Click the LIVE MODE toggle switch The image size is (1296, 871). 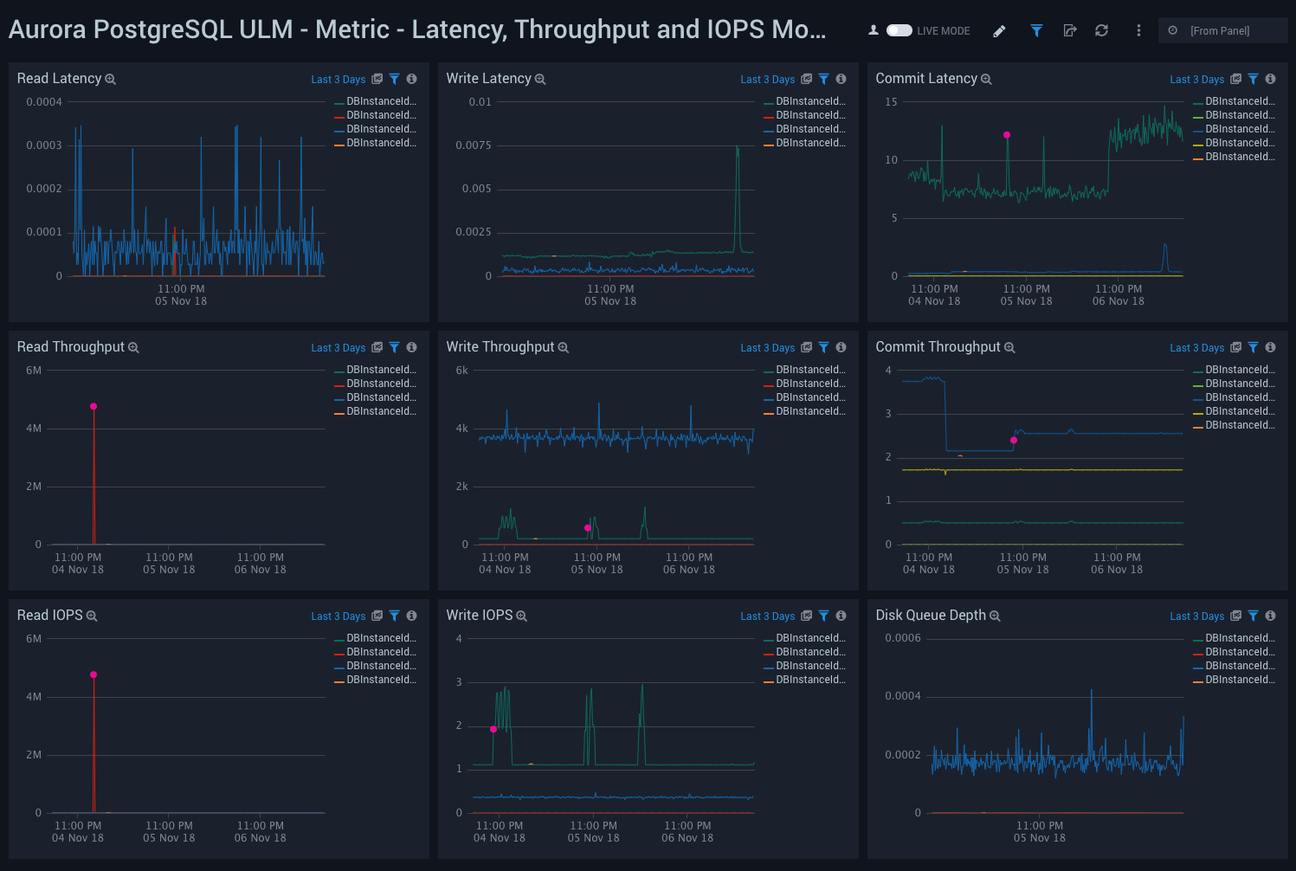coord(899,30)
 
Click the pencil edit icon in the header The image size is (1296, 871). coord(999,31)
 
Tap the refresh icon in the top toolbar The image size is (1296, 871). coord(1101,30)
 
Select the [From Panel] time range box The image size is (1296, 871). coord(1222,30)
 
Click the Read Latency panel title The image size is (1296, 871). coord(59,79)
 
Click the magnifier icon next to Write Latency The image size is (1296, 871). coord(540,80)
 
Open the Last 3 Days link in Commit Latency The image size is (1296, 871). coord(1196,80)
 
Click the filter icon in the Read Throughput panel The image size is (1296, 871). coord(394,348)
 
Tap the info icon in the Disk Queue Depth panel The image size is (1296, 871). coord(1270,616)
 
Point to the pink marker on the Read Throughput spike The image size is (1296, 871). coord(93,406)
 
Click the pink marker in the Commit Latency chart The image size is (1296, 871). coord(1007,135)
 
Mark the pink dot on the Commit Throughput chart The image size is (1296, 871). coord(1014,441)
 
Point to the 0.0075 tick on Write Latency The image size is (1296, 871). coord(474,145)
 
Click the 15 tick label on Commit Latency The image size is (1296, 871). coord(891,102)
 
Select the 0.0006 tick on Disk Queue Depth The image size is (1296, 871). coord(902,638)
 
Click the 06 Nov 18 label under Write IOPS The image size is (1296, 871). coord(687,838)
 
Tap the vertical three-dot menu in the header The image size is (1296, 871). coord(1138,30)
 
